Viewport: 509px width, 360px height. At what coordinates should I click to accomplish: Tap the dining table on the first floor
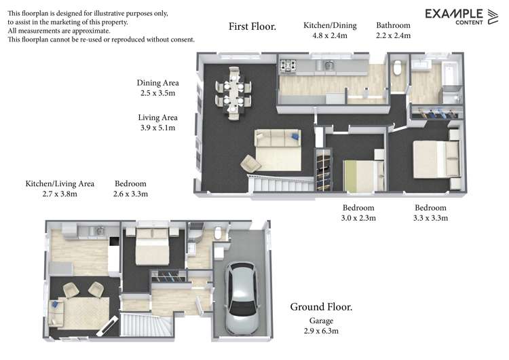pyautogui.click(x=233, y=95)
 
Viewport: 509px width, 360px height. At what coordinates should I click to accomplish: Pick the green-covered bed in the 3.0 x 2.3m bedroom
pyautogui.click(x=358, y=175)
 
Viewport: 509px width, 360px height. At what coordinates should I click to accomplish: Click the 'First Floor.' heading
pyautogui.click(x=252, y=27)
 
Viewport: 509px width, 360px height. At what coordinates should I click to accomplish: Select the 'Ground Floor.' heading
pyautogui.click(x=321, y=306)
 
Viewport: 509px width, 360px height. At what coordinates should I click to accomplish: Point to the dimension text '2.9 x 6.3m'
pyautogui.click(x=321, y=331)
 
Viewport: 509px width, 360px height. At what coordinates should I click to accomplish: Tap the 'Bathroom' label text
pyautogui.click(x=393, y=25)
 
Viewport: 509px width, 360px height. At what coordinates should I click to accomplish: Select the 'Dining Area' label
pyautogui.click(x=157, y=83)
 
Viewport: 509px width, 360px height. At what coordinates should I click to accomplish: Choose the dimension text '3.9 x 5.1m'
pyautogui.click(x=157, y=127)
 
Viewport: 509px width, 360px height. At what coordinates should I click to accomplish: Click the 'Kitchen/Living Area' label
pyautogui.click(x=60, y=183)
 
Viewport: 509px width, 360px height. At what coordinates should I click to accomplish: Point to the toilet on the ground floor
pyautogui.click(x=218, y=234)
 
